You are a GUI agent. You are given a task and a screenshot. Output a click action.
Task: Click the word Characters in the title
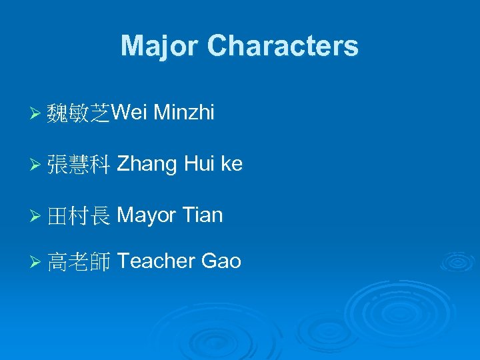283,46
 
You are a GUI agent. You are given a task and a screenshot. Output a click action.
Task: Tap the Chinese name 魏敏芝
79,114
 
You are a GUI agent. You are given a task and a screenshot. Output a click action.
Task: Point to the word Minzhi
184,113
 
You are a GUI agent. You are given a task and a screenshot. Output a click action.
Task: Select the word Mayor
147,215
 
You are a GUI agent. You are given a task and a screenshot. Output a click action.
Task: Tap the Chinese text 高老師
79,261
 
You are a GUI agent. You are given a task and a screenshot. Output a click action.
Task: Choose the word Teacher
155,261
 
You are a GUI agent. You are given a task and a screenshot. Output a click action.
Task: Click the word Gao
221,261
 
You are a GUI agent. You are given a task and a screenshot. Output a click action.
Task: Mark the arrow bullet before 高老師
38,262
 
